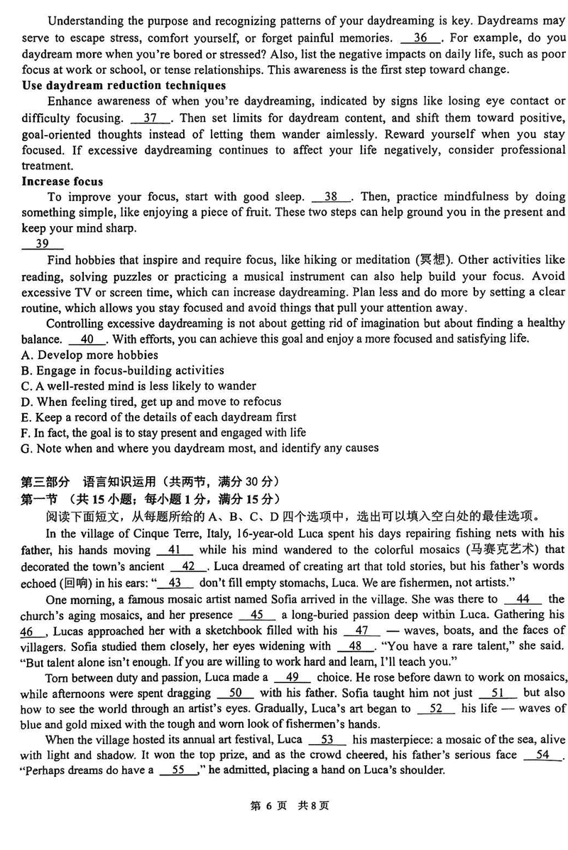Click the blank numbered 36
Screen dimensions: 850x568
[421, 38]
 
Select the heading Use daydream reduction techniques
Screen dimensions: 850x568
[123, 85]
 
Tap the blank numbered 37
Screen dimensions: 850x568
[151, 117]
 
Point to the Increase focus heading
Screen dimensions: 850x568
[62, 181]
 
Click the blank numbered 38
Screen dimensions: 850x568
[332, 197]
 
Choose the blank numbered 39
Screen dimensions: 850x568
[43, 244]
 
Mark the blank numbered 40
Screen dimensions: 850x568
[89, 339]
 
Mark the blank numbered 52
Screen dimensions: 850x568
[436, 709]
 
